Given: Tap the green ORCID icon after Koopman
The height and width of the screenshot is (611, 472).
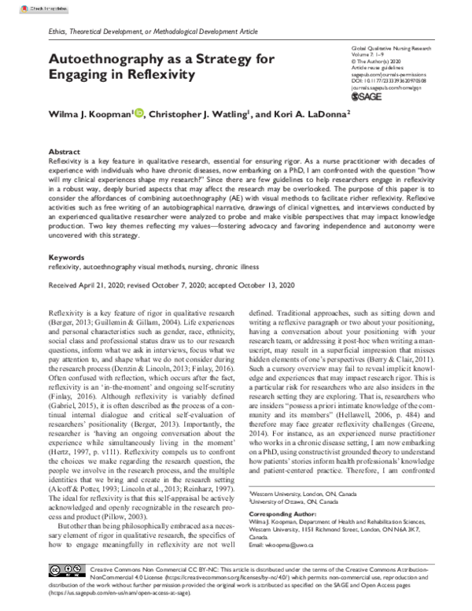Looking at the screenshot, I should (138, 113).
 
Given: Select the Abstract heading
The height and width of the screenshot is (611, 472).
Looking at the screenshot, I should (64, 150).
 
